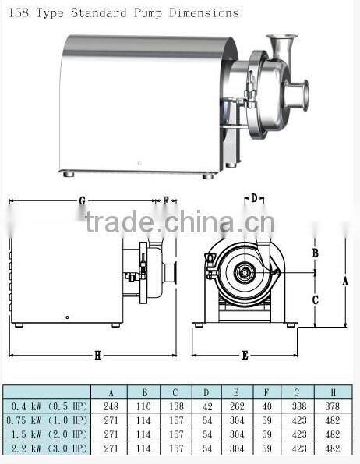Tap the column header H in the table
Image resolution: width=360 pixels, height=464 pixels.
coord(334,392)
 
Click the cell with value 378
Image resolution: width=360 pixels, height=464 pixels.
coord(334,406)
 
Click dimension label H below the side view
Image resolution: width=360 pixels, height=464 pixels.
coord(97,356)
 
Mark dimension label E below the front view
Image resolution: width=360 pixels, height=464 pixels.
coord(245,355)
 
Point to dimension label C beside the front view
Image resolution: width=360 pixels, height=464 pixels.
coord(315,299)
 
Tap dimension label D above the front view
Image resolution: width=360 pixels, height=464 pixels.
coord(254,199)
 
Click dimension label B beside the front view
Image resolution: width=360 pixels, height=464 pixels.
coord(315,253)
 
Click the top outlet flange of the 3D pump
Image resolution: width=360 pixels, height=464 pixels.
coord(281,39)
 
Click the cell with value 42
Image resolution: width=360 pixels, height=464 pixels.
coord(206,406)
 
